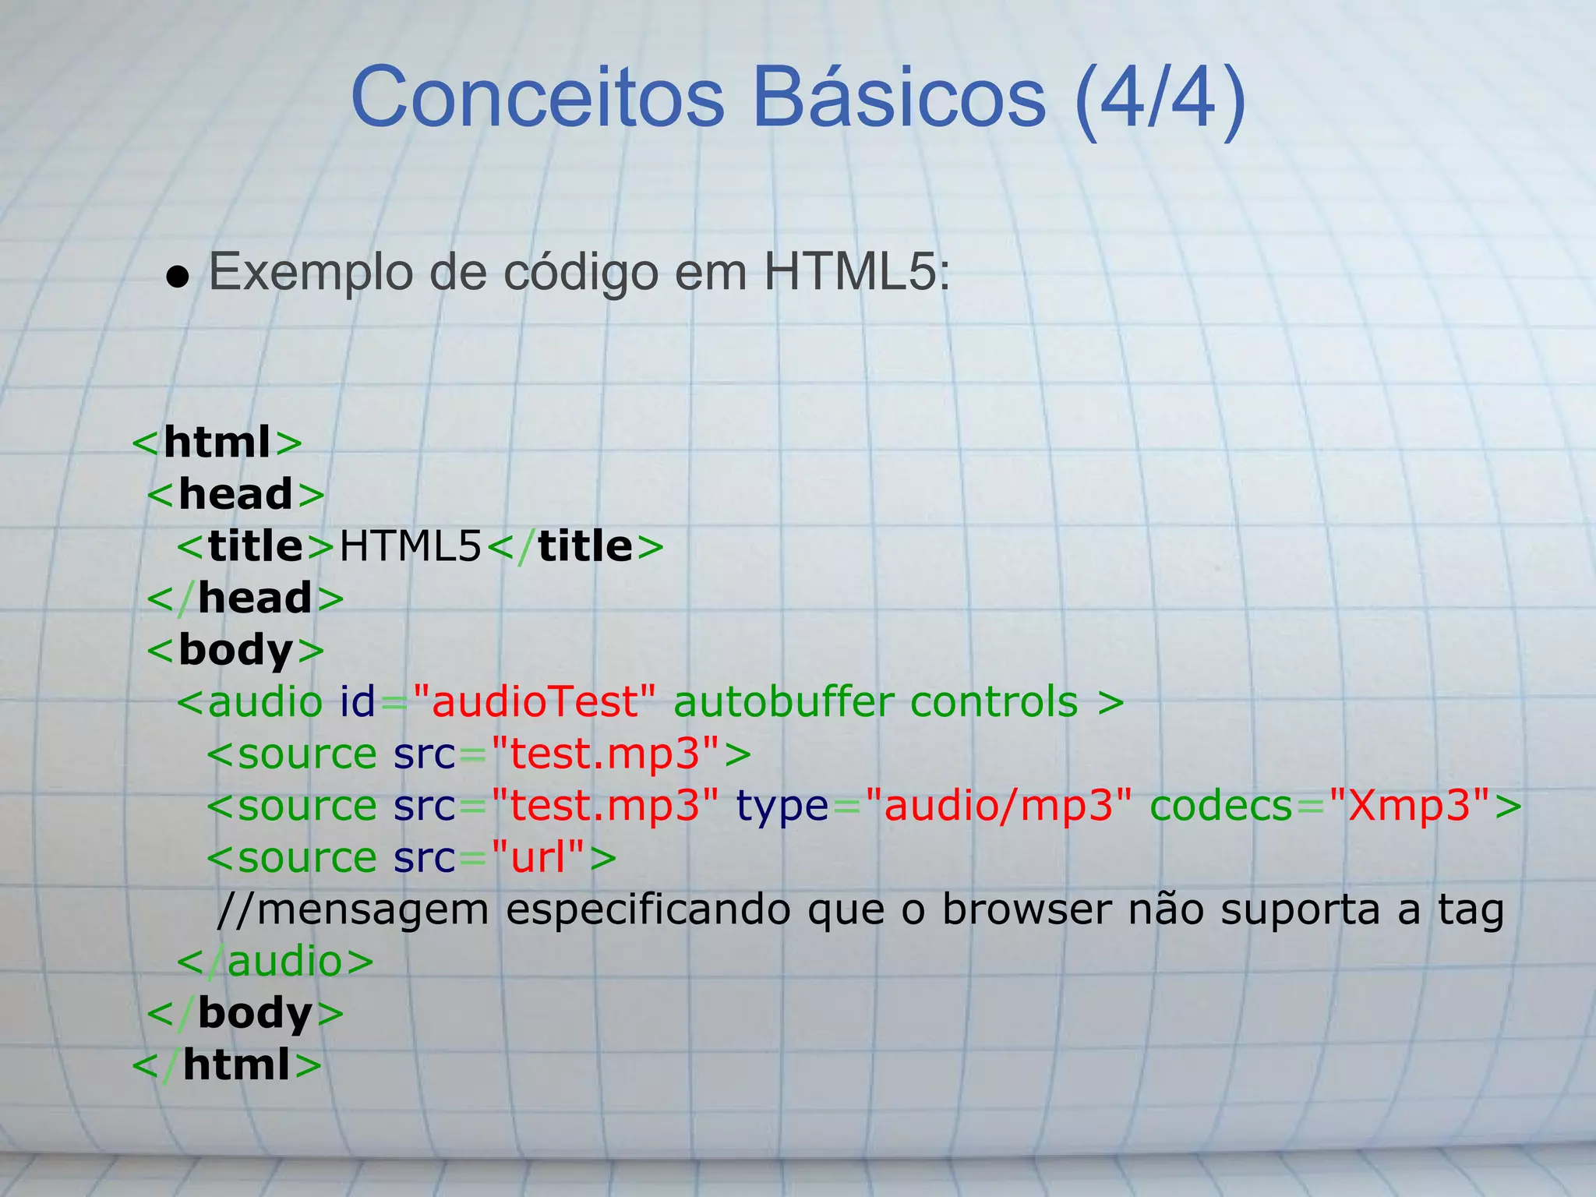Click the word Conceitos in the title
(x=538, y=98)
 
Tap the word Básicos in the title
(x=899, y=98)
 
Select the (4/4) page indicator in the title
(x=1160, y=100)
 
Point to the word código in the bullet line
(x=581, y=273)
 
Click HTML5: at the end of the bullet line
(x=856, y=272)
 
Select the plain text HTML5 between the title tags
(x=411, y=546)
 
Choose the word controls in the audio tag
(x=994, y=701)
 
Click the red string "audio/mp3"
(x=998, y=805)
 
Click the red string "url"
(x=537, y=857)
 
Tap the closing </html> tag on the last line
(x=227, y=1065)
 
